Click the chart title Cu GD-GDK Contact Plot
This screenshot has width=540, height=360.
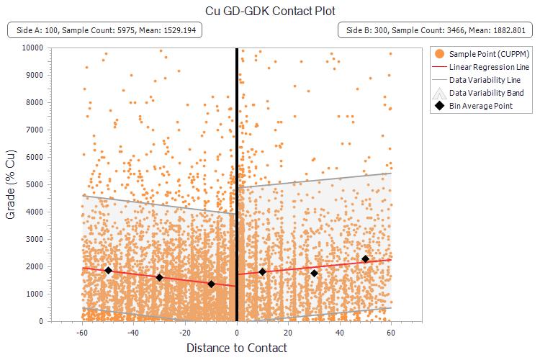coord(270,11)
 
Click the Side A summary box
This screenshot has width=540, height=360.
coord(105,30)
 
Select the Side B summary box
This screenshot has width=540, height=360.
coord(435,30)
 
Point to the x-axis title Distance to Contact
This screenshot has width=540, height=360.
coord(237,348)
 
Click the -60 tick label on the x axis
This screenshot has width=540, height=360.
coord(82,333)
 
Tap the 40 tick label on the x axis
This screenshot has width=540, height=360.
coord(340,333)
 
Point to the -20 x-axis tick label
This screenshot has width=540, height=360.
coord(184,333)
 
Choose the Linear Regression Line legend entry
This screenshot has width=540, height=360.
coord(490,66)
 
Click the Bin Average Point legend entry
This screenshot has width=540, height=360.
coord(481,106)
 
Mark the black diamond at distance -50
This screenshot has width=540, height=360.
coord(109,271)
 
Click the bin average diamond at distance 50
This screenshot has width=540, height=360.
coord(366,259)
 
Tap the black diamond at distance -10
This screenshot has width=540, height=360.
coord(211,284)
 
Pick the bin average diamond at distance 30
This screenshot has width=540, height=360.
coord(314,273)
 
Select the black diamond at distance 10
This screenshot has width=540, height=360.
coord(263,271)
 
